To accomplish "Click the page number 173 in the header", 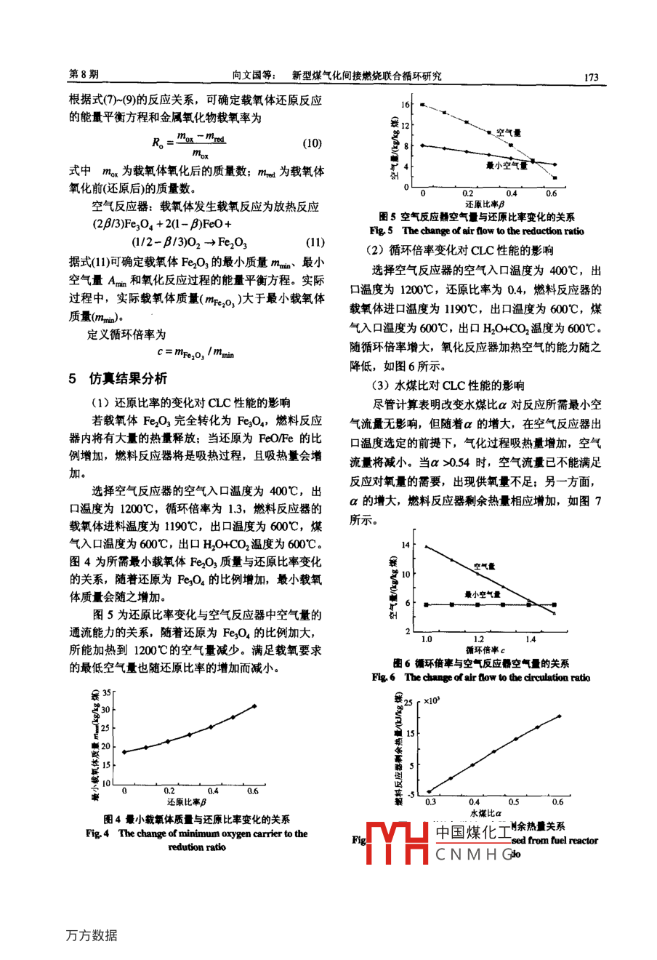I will click(590, 76).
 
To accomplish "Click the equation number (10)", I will click(312, 143).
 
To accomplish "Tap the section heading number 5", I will click(73, 378).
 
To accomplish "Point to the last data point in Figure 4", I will click(254, 705).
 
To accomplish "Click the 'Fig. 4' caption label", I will click(97, 833).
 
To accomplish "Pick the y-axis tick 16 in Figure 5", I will click(407, 105).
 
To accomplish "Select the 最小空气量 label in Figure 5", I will click(507, 166).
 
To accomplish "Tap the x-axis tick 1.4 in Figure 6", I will click(531, 639).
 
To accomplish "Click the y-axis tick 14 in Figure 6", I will click(406, 545).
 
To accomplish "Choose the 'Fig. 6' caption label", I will click(383, 677).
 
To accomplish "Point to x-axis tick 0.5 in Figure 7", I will click(514, 802).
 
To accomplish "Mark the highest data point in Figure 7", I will click(559, 716).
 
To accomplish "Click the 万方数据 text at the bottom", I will click(91, 935).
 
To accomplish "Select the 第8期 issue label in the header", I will click(84, 76).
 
